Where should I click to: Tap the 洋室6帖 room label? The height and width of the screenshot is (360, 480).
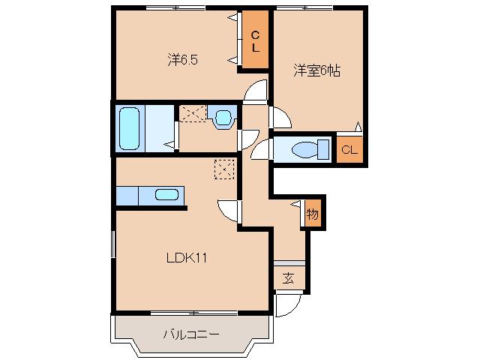coord(316,71)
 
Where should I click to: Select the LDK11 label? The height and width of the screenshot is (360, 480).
coord(187,258)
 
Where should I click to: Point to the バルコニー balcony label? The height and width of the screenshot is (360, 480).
coord(191,334)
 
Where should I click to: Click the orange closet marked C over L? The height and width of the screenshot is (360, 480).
coord(255,41)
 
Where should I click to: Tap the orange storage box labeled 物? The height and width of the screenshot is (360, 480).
coord(312,214)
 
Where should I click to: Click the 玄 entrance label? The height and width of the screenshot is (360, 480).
coord(288,278)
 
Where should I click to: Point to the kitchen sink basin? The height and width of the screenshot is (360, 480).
coord(166,196)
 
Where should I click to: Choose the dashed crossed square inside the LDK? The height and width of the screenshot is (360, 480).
coord(224,169)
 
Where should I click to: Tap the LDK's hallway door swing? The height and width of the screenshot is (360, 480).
coord(229,211)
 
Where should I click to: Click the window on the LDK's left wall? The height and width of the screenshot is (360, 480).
coord(114,247)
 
